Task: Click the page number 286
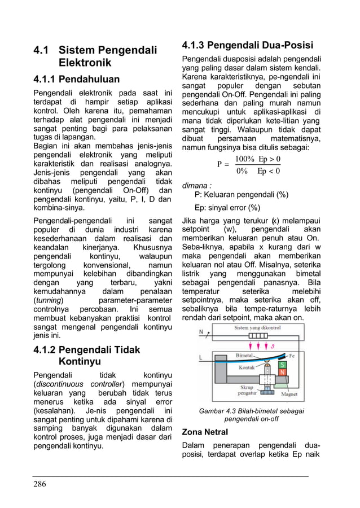[40, 484]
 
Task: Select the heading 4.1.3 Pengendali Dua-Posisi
[247, 46]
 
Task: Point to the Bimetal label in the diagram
[244, 356]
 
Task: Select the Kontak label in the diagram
[247, 367]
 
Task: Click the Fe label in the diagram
[292, 356]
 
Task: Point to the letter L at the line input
[201, 357]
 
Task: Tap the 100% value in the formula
[244, 159]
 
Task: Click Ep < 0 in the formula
[269, 171]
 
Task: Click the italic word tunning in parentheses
[49, 300]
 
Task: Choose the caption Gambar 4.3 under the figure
[252, 411]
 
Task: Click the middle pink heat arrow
[258, 345]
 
